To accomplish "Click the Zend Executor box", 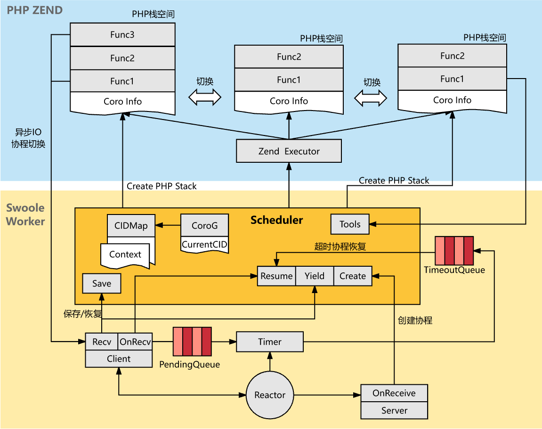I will tap(289, 151).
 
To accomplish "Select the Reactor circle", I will tap(270, 395).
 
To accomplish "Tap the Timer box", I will tap(269, 342).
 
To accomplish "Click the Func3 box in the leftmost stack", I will tap(122, 35).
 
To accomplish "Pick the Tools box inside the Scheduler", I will tap(350, 224).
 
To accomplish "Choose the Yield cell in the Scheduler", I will tap(314, 276).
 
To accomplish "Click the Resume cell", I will tap(276, 276).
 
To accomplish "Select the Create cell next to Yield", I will tap(353, 276).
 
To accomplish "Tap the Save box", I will tap(102, 284).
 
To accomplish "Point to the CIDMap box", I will tap(131, 226).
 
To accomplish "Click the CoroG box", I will tap(205, 226).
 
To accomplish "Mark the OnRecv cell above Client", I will tap(135, 342).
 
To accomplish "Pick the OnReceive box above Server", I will tap(394, 393).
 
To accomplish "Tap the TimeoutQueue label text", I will tap(454, 270).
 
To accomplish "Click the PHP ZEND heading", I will tap(34, 10).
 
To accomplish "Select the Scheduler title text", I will tap(276, 220).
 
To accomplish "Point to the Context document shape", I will tap(125, 255).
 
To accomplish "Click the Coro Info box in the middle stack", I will tap(289, 101).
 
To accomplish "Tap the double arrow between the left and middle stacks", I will tap(205, 97).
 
